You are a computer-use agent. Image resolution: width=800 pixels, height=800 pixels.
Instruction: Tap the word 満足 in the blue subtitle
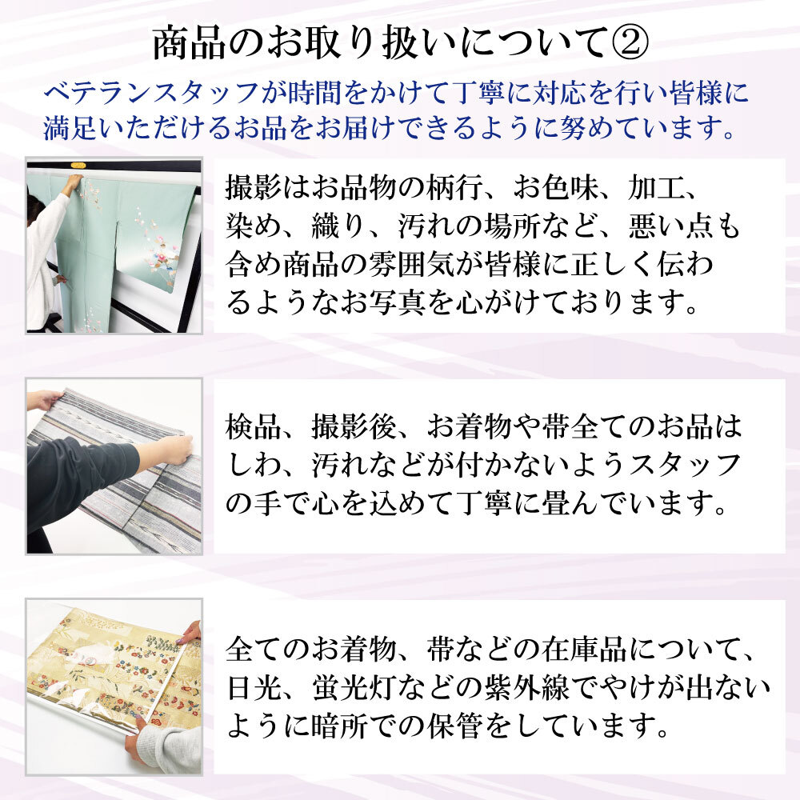[67, 128]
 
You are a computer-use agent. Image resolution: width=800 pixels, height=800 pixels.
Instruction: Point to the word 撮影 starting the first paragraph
[250, 191]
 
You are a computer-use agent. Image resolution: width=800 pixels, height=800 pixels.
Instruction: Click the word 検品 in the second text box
[250, 426]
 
